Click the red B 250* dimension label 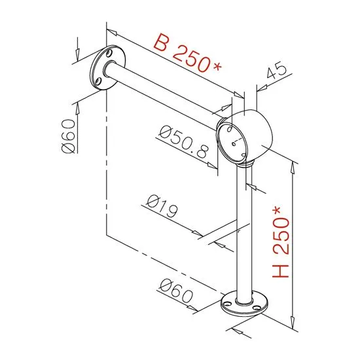coord(187,53)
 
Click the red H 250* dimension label coord(281,242)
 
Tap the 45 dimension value coord(277,70)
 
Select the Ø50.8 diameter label coord(184,141)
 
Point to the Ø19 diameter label coord(162,206)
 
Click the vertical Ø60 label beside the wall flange coord(69,136)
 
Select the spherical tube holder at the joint coord(245,137)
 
